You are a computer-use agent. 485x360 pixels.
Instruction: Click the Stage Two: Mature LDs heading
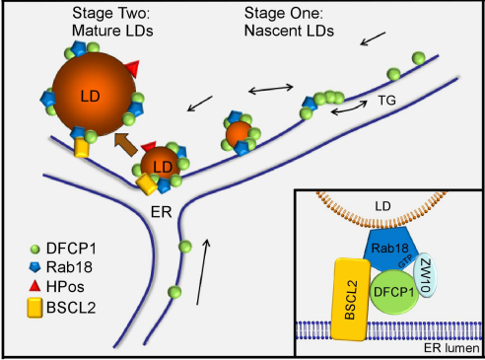coord(112,22)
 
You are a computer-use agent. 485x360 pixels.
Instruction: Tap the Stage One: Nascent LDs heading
coord(289,22)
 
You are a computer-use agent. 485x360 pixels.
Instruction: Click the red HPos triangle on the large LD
coord(133,68)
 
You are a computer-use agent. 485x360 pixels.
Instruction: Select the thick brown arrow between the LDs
coord(126,144)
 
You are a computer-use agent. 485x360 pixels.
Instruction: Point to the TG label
coord(386,101)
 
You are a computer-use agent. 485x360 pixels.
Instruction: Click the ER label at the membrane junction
coord(162,212)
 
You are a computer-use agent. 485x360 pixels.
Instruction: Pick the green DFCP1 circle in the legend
coord(35,250)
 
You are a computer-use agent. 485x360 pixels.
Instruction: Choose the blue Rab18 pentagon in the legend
coord(35,267)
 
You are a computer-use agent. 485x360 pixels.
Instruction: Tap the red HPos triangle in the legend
coord(35,286)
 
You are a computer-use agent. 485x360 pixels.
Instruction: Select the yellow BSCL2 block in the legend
coord(35,308)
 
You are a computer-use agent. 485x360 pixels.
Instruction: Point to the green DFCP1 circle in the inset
coord(394,292)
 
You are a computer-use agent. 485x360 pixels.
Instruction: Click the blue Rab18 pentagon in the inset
coord(391,250)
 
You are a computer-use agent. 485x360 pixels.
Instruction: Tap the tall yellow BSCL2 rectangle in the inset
coord(350,299)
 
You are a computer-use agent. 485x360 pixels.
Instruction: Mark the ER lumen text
coord(451,348)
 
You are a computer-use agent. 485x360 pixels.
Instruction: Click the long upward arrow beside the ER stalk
coord(202,272)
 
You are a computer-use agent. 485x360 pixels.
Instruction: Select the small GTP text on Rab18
coord(405,261)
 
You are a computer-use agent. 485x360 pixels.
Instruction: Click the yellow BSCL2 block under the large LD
coord(82,148)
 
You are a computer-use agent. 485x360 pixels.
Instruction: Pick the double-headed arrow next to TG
coord(349,108)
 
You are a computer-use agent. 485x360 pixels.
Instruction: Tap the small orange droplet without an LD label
coord(239,134)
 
